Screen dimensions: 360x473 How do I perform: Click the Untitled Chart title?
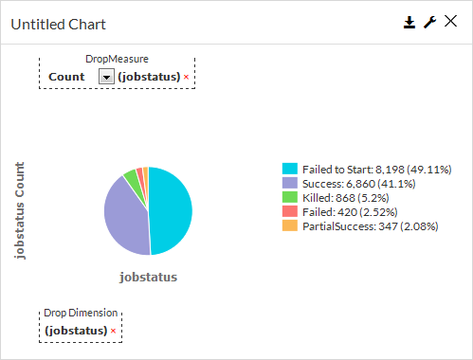tap(58, 24)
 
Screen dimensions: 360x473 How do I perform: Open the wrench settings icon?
tap(429, 23)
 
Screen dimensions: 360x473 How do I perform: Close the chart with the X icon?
tap(450, 23)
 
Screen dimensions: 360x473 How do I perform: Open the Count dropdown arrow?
tap(106, 76)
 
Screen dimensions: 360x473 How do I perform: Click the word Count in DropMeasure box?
tap(66, 76)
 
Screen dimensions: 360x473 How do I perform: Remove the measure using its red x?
tap(187, 76)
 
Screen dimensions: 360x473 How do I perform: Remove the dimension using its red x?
tap(114, 331)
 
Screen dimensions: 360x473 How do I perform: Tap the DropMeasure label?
tap(117, 59)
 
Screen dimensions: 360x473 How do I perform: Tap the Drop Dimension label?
tap(82, 313)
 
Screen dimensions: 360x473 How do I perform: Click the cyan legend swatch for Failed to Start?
tap(290, 169)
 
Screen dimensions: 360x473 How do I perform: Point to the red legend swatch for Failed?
tap(290, 211)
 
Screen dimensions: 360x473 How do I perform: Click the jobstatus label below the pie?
tap(149, 278)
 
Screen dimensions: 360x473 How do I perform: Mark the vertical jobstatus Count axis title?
tap(20, 210)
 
